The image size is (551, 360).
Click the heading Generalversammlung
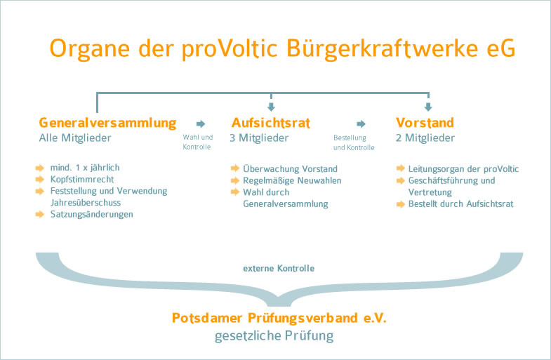pyautogui.click(x=107, y=123)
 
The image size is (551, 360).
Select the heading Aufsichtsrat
pyautogui.click(x=270, y=123)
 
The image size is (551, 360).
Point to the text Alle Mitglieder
pyautogui.click(x=75, y=138)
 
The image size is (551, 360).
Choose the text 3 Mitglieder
pyautogui.click(x=259, y=138)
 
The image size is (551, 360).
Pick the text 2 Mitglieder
pyautogui.click(x=425, y=138)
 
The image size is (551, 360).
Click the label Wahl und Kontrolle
pyautogui.click(x=197, y=142)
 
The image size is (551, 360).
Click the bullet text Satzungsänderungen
pyautogui.click(x=91, y=214)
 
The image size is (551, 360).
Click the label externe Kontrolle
pyautogui.click(x=279, y=268)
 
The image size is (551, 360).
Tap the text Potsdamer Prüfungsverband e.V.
pyautogui.click(x=279, y=318)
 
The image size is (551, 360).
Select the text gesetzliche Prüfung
pyautogui.click(x=274, y=336)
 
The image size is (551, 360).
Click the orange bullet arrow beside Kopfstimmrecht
pyautogui.click(x=41, y=180)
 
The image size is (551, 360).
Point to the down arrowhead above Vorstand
pyautogui.click(x=428, y=107)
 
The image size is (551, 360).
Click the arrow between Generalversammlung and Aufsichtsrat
pyautogui.click(x=201, y=124)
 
